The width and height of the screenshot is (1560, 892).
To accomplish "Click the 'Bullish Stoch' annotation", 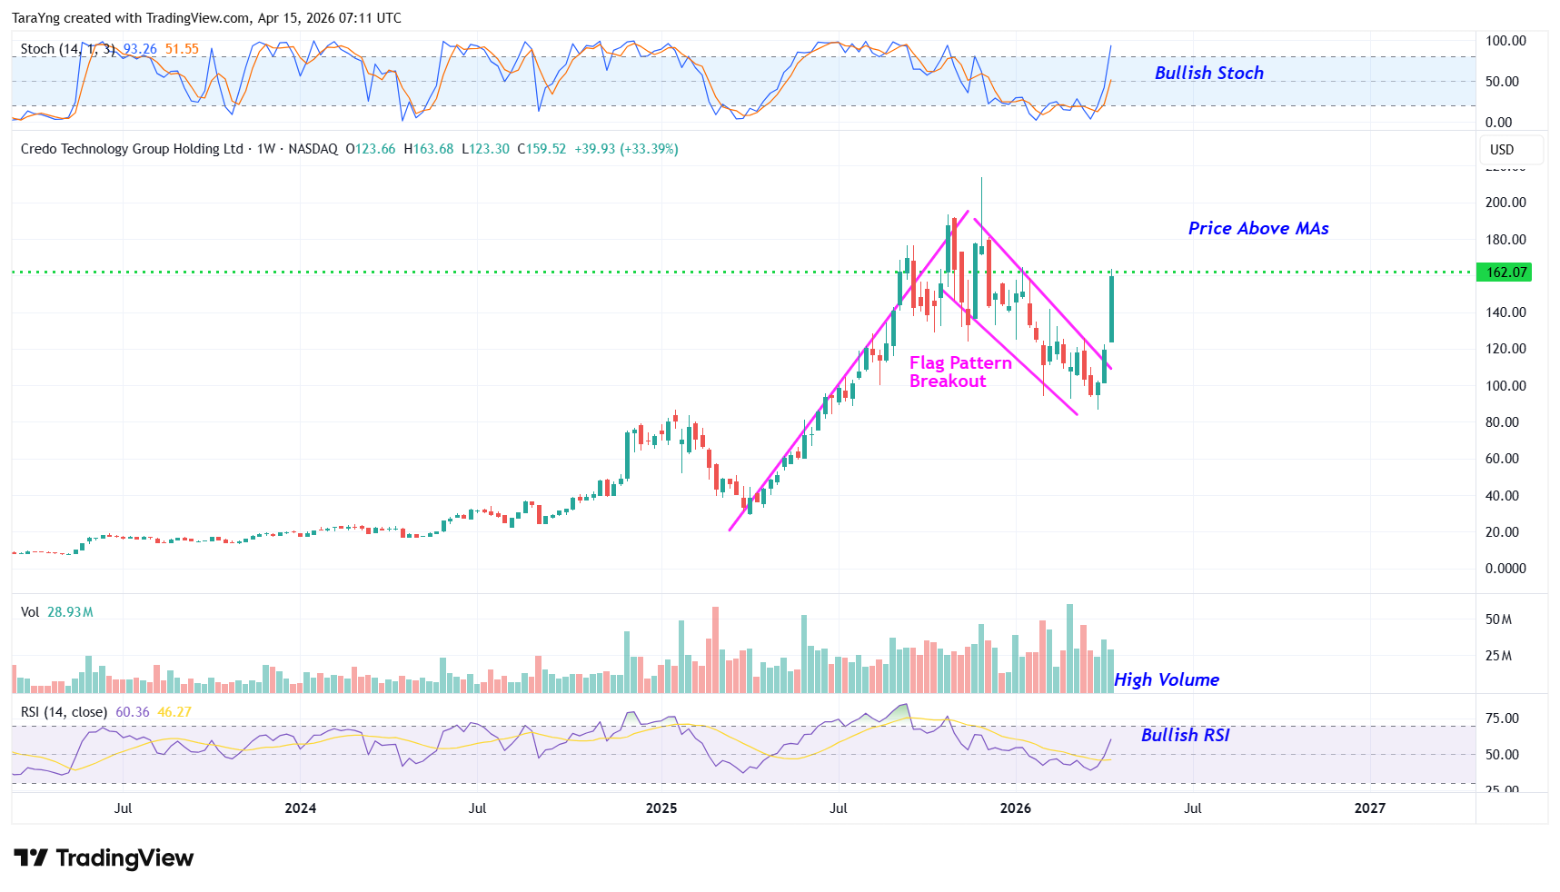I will pyautogui.click(x=1208, y=73).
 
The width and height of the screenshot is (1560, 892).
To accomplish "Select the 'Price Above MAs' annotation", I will pyautogui.click(x=1257, y=228).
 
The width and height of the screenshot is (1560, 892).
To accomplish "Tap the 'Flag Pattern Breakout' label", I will pyautogui.click(x=959, y=372).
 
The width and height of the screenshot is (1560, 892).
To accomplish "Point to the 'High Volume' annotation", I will pyautogui.click(x=1166, y=679).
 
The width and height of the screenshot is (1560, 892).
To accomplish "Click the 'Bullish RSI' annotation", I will pyautogui.click(x=1185, y=735).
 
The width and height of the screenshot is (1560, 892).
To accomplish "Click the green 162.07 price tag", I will pyautogui.click(x=1505, y=273).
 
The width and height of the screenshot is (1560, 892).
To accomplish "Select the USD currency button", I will pyautogui.click(x=1502, y=149).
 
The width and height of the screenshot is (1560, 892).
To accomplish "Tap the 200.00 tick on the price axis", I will pyautogui.click(x=1505, y=203).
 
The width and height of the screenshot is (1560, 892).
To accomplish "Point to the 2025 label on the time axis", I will pyautogui.click(x=661, y=808).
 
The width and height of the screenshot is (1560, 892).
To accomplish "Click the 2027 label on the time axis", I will pyautogui.click(x=1369, y=808).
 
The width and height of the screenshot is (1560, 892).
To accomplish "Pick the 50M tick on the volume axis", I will pyautogui.click(x=1498, y=619).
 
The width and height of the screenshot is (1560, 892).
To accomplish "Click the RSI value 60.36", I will pyautogui.click(x=133, y=712).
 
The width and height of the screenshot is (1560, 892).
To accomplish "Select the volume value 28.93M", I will pyautogui.click(x=70, y=612).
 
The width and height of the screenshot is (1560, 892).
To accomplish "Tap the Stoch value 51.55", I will pyautogui.click(x=182, y=49).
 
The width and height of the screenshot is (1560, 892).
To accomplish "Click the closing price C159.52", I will pyautogui.click(x=542, y=149).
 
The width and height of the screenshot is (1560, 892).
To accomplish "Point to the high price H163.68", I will pyautogui.click(x=429, y=149).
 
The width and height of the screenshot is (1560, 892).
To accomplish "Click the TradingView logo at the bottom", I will pyautogui.click(x=104, y=858).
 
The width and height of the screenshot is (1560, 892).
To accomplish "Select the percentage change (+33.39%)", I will pyautogui.click(x=649, y=149).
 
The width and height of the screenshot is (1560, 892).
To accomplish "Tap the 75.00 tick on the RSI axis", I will pyautogui.click(x=1502, y=719).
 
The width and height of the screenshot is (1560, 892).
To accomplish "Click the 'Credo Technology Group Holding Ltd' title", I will pyautogui.click(x=132, y=149).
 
